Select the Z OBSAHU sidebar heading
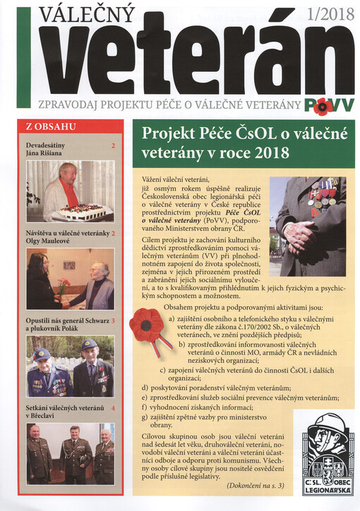(50, 127)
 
